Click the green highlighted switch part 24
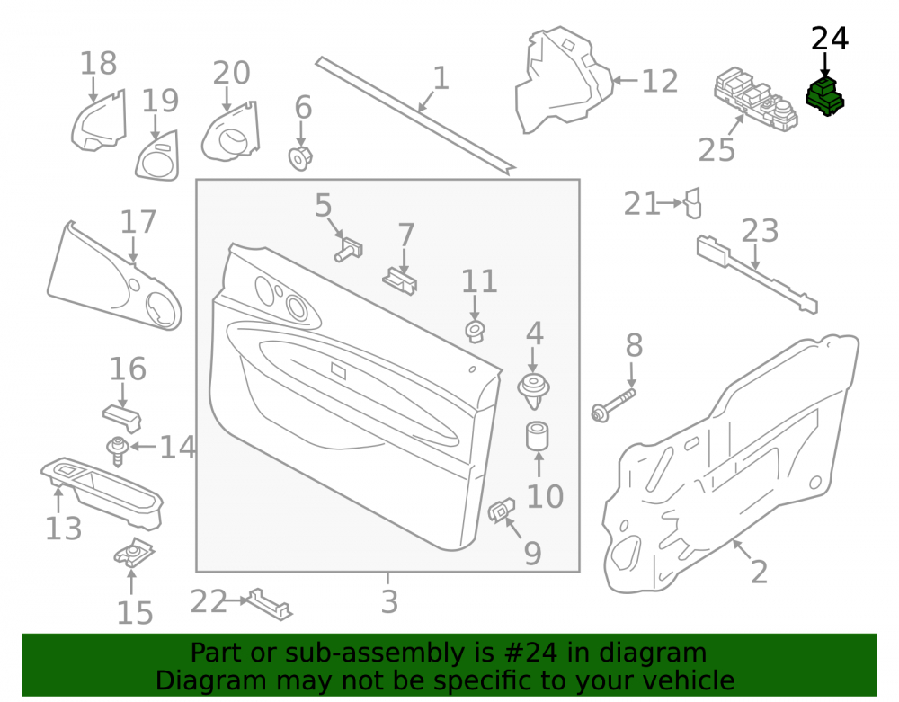(x=824, y=96)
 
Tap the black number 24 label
(x=830, y=39)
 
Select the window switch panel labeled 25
(x=756, y=99)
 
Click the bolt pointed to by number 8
(x=612, y=404)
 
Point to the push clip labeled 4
(x=534, y=390)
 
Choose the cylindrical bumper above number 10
(x=538, y=436)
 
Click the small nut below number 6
(x=300, y=157)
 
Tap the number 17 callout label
(x=138, y=222)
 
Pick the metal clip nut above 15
(x=134, y=553)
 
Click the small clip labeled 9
(x=501, y=510)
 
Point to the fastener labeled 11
(x=475, y=332)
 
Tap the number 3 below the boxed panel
(x=389, y=601)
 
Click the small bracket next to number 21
(x=693, y=203)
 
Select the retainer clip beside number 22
(x=270, y=604)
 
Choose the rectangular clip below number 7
(x=400, y=281)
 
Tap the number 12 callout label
(x=660, y=82)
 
